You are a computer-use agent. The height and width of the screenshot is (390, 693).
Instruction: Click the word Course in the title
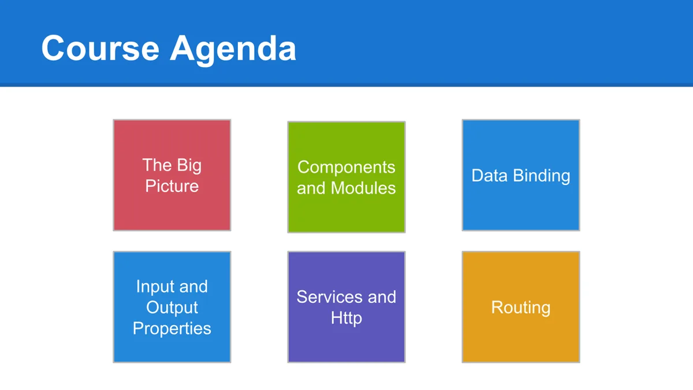pyautogui.click(x=100, y=49)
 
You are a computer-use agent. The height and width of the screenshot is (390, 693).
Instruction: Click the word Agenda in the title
pyautogui.click(x=233, y=50)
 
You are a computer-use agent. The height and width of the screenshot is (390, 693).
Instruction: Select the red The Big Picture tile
pyautogui.click(x=172, y=175)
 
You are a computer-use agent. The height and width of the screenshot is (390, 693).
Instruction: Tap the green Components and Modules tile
pyautogui.click(x=346, y=177)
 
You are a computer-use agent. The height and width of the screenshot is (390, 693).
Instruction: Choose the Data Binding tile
pyautogui.click(x=521, y=175)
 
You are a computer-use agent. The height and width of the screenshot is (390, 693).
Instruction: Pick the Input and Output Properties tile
pyautogui.click(x=172, y=307)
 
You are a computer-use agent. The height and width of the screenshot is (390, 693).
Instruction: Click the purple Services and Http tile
pyautogui.click(x=346, y=307)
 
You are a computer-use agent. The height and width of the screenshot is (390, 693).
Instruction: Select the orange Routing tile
pyautogui.click(x=521, y=307)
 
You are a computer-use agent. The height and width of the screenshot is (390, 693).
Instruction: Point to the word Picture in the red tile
pyautogui.click(x=172, y=185)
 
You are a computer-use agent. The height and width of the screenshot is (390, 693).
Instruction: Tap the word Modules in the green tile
pyautogui.click(x=363, y=188)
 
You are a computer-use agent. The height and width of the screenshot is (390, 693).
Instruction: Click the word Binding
pyautogui.click(x=542, y=176)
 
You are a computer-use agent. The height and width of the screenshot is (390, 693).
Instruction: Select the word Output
pyautogui.click(x=172, y=308)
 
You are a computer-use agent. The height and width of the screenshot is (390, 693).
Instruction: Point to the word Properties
pyautogui.click(x=172, y=329)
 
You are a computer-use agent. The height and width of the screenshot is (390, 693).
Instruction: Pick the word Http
pyautogui.click(x=346, y=318)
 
